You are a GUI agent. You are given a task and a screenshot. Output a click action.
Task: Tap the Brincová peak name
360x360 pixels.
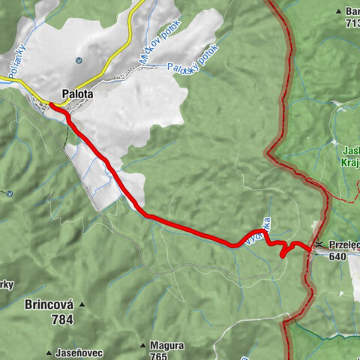[x=49, y=305]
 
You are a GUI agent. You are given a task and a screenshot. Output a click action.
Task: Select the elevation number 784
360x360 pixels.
[x=63, y=319]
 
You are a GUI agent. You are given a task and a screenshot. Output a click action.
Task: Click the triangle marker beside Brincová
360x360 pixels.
[x=82, y=305]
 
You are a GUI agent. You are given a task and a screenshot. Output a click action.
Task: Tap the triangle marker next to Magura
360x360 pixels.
[x=142, y=346]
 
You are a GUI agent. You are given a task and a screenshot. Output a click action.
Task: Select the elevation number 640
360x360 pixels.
[x=336, y=256]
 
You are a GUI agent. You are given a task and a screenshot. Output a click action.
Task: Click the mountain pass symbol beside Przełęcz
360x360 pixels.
[x=319, y=244]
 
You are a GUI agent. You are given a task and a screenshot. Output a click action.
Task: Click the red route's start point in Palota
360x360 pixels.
[x=53, y=106]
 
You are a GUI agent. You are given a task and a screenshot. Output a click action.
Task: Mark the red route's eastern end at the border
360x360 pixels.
[x=309, y=247]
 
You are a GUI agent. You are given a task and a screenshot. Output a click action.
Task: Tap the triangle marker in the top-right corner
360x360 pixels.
[x=340, y=11]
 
